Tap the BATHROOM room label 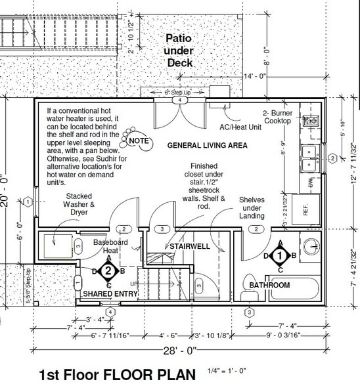tap(269, 286)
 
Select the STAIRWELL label tap(189, 246)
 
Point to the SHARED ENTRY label tap(110, 293)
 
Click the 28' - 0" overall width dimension tap(179, 352)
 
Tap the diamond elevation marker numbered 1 tap(281, 255)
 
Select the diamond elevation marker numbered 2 tap(110, 270)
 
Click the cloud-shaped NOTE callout tap(139, 140)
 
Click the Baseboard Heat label tap(106, 246)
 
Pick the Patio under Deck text tap(179, 51)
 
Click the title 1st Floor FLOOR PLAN tap(118, 375)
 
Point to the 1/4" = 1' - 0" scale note tap(226, 372)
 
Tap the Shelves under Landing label tap(252, 208)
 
